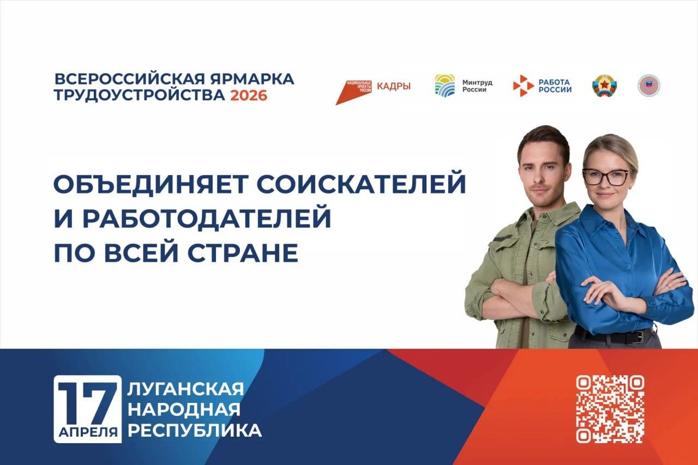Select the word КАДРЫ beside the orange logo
[394, 86]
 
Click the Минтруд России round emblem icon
[445, 85]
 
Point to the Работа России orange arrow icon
[523, 86]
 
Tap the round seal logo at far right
[649, 86]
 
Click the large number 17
[87, 402]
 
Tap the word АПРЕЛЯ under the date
[87, 432]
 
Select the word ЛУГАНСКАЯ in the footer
[185, 389]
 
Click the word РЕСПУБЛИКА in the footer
[194, 431]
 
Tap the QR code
[610, 409]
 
